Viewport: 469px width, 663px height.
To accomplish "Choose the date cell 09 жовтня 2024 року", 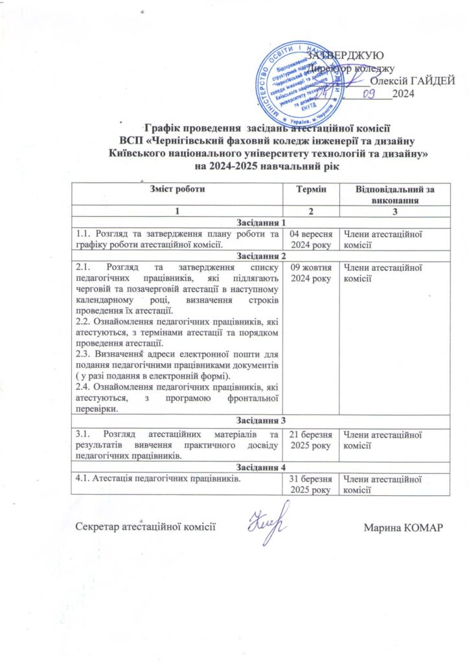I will point(312,274).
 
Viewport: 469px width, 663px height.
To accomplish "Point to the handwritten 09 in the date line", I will point(369,95).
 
